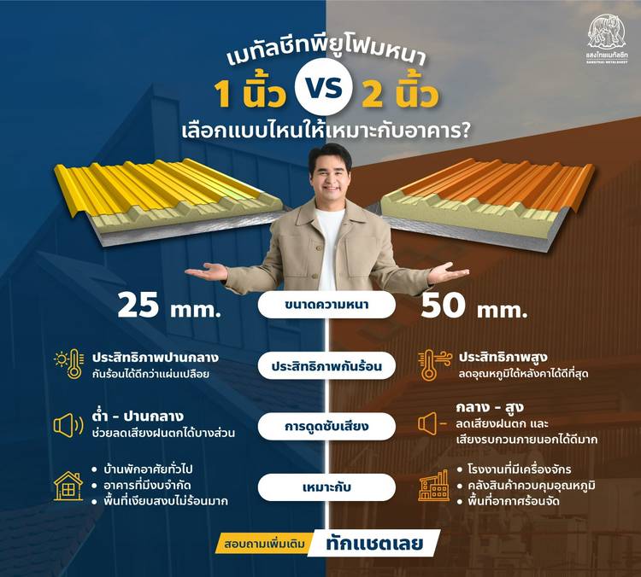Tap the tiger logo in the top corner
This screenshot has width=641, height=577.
(607, 32)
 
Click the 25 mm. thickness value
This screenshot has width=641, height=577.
(169, 306)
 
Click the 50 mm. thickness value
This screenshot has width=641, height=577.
(473, 306)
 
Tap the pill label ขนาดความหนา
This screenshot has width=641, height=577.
(326, 305)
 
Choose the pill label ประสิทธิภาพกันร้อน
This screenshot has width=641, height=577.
(326, 366)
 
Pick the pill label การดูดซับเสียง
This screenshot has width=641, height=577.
(326, 426)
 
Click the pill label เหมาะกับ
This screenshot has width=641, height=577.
(326, 487)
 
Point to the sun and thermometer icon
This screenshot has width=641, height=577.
(69, 364)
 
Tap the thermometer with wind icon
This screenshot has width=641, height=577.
(434, 364)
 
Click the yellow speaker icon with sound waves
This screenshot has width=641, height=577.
(68, 425)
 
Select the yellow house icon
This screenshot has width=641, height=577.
(68, 486)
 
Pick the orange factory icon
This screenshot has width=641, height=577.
(433, 486)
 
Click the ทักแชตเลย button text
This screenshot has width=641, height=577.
(374, 544)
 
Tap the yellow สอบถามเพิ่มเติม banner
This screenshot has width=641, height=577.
(265, 545)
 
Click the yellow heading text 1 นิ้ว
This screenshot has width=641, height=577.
(250, 94)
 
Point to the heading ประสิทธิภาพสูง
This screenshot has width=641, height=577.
(503, 358)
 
